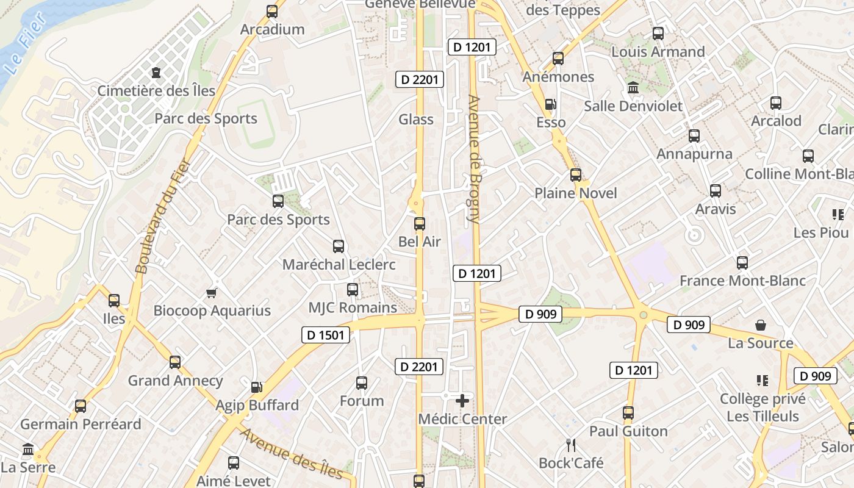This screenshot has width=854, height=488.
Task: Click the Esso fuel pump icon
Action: (550, 104)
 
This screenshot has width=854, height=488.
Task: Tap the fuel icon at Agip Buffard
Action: (257, 387)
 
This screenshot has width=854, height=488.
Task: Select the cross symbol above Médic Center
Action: (462, 401)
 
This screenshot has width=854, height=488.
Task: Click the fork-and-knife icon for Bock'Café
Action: (571, 445)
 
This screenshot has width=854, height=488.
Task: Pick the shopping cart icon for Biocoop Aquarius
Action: (212, 293)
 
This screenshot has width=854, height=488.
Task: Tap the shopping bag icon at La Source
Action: (760, 325)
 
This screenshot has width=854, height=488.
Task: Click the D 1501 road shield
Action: (326, 334)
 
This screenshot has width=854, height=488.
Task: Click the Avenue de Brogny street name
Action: (474, 159)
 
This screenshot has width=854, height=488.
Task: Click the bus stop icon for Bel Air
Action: (419, 224)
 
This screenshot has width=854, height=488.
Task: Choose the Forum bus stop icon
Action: (362, 383)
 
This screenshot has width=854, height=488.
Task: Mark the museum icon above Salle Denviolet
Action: (633, 88)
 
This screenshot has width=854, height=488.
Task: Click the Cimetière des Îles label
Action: (157, 91)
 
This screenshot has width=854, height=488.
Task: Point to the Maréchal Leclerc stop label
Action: (339, 265)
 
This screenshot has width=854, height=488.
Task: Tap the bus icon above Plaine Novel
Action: (575, 175)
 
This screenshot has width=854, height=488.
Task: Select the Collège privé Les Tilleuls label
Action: (762, 407)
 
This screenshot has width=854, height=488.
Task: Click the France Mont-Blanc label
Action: (742, 281)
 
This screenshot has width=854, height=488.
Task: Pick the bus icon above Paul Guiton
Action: (628, 413)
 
